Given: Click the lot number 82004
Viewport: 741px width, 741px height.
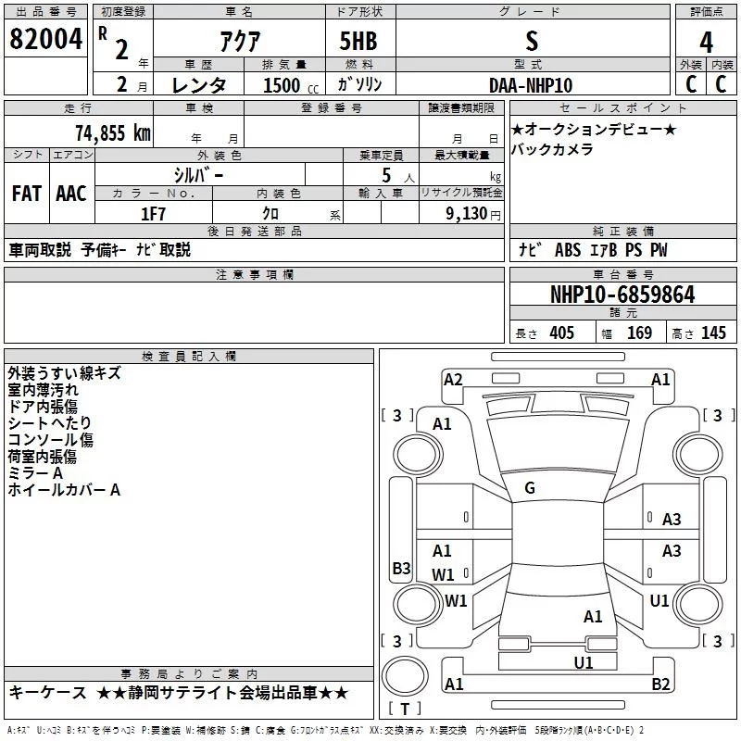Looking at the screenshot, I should pyautogui.click(x=44, y=40).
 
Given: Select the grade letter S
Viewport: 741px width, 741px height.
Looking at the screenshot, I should pyautogui.click(x=531, y=41).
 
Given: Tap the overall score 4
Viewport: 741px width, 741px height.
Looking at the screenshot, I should pyautogui.click(x=707, y=42).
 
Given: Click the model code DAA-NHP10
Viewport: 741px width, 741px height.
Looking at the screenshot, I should pyautogui.click(x=531, y=85).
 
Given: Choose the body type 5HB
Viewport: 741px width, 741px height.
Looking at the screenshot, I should pyautogui.click(x=358, y=42).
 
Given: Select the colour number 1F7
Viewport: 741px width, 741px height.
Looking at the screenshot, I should pyautogui.click(x=153, y=212).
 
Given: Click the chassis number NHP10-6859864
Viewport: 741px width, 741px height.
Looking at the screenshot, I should pyautogui.click(x=622, y=295).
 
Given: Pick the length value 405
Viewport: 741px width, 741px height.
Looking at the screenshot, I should pyautogui.click(x=560, y=333).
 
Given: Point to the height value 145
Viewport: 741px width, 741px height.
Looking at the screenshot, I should pyautogui.click(x=713, y=333).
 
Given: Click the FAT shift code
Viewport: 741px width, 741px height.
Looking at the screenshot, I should pyautogui.click(x=26, y=194).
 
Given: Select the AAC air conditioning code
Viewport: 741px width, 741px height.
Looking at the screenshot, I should pyautogui.click(x=71, y=194).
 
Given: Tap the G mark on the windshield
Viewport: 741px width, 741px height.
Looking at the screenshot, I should pyautogui.click(x=530, y=488).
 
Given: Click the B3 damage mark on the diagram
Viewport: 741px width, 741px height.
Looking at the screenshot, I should pyautogui.click(x=401, y=569).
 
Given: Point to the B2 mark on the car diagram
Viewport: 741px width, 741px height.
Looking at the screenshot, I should pyautogui.click(x=660, y=684).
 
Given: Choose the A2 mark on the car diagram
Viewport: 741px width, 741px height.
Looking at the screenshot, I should pyautogui.click(x=453, y=379).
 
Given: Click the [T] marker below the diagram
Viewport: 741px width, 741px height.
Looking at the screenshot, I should pyautogui.click(x=404, y=710).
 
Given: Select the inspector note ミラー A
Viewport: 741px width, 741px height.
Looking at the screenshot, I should pyautogui.click(x=35, y=473).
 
